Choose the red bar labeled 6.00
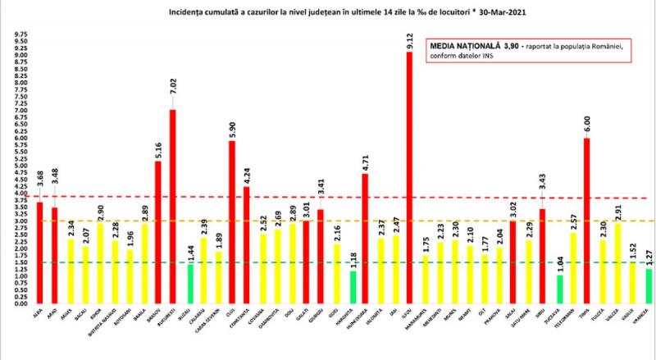[587, 221]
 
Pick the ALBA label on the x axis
[36, 312]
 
